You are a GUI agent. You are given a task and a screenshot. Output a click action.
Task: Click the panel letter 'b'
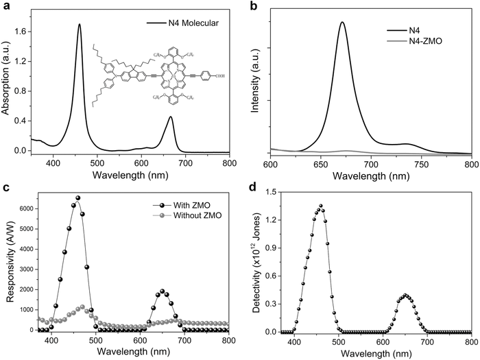(253, 6)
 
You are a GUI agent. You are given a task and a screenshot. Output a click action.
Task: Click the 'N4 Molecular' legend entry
(183, 23)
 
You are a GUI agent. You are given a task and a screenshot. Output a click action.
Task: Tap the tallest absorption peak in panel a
(80, 25)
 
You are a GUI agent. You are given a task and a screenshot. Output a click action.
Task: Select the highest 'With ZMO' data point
(78, 198)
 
